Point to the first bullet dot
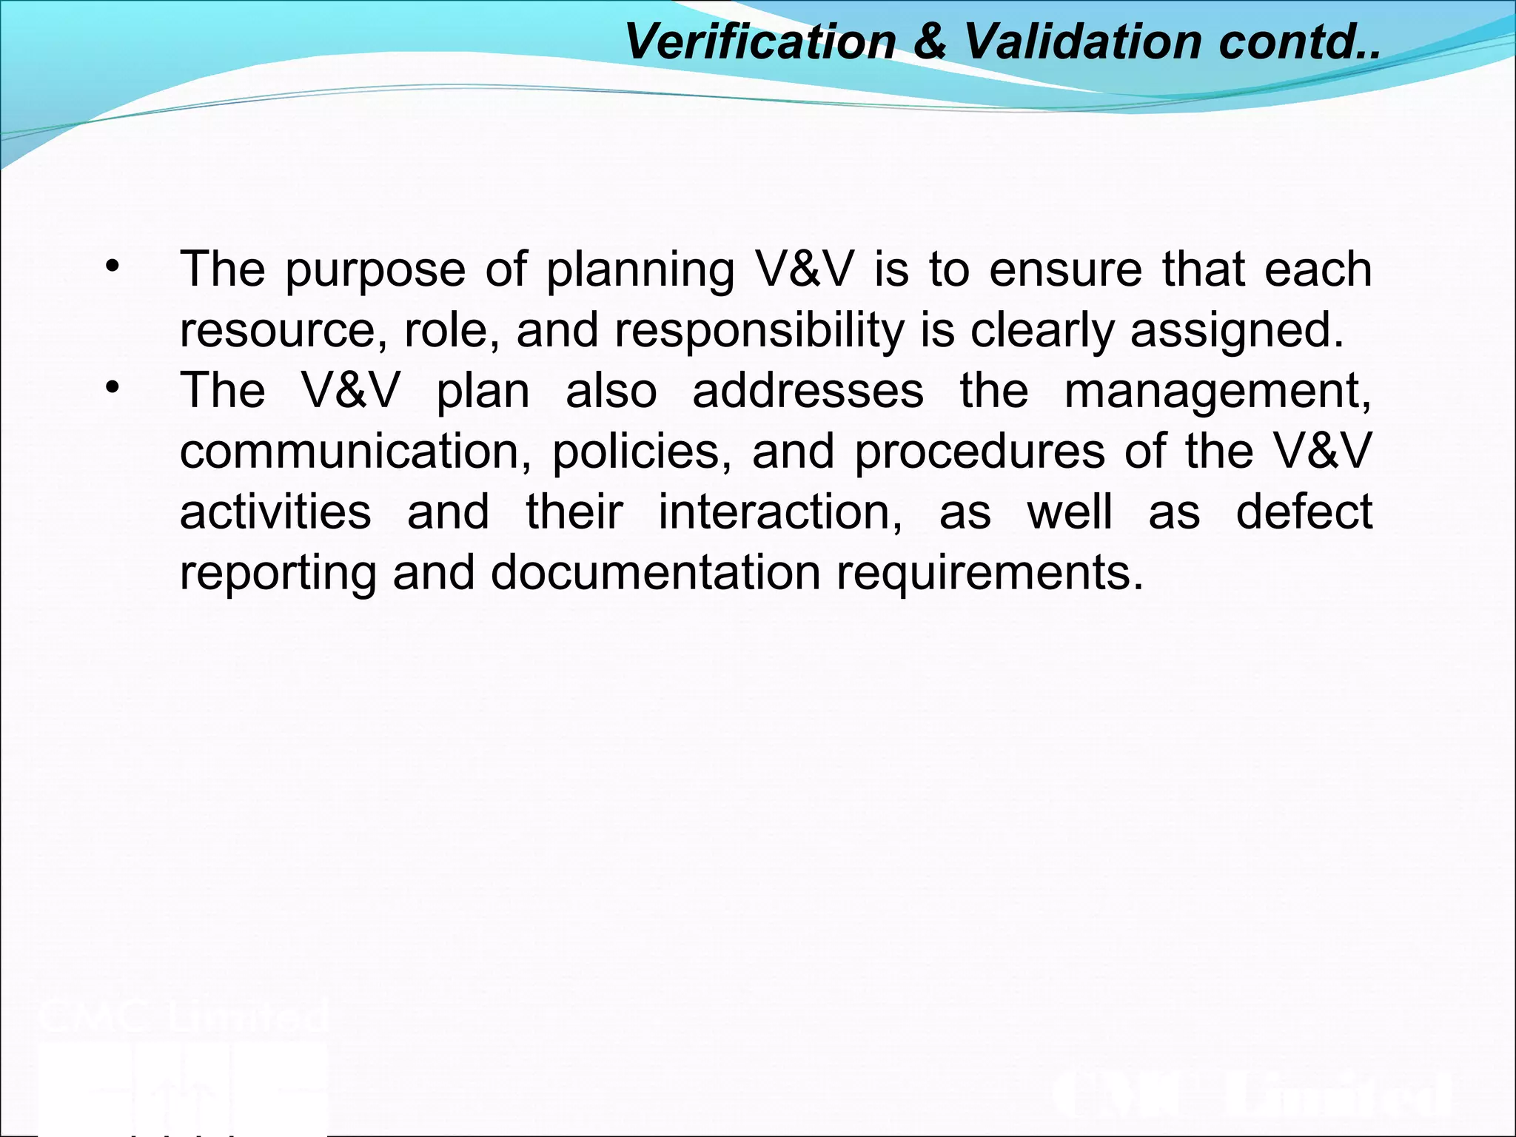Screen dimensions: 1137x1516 tap(112, 266)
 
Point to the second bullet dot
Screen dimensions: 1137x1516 tap(112, 388)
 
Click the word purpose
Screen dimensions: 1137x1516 tap(375, 270)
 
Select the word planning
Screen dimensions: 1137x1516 tap(640, 270)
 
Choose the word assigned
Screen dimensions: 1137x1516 tap(1236, 331)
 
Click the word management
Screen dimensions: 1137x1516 tap(1218, 392)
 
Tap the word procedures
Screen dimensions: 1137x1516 tap(980, 452)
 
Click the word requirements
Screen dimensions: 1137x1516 tap(990, 574)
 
